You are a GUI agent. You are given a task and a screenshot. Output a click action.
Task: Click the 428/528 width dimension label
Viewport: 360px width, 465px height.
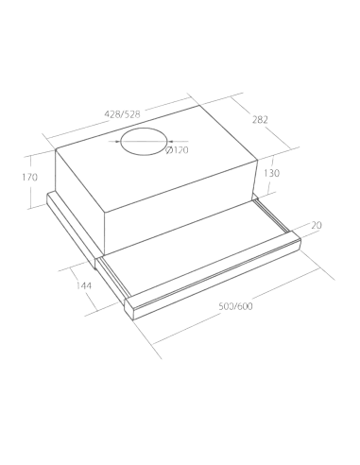pyautogui.click(x=122, y=114)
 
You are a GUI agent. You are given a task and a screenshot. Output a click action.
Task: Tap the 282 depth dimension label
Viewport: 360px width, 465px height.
pyautogui.click(x=260, y=120)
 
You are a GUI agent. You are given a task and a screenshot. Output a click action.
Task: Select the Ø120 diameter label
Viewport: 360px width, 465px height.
pyautogui.click(x=177, y=150)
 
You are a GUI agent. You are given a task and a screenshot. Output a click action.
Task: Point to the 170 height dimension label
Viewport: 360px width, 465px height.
pyautogui.click(x=29, y=178)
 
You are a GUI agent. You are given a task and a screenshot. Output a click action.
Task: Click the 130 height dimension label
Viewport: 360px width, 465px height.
pyautogui.click(x=271, y=173)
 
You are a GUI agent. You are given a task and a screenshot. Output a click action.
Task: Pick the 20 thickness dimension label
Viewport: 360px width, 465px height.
pyautogui.click(x=317, y=226)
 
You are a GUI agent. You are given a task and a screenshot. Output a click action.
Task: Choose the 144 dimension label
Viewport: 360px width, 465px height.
pyautogui.click(x=84, y=285)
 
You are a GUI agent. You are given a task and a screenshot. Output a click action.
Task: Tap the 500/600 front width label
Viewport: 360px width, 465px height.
pyautogui.click(x=236, y=306)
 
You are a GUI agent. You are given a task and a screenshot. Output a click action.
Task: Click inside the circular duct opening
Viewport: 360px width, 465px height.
pyautogui.click(x=145, y=142)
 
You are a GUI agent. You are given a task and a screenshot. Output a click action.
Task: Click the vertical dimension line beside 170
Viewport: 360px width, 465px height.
pyautogui.click(x=31, y=181)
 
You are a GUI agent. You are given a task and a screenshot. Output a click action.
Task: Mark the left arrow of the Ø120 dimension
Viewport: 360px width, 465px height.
pyautogui.click(x=115, y=142)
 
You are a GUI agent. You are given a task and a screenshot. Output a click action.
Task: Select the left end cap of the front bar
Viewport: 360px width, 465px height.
pyautogui.click(x=129, y=309)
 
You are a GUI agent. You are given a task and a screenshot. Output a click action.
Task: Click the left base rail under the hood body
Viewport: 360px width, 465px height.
pyautogui.click(x=72, y=229)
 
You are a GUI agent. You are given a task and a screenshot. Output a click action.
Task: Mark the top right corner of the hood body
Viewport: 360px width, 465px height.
pyautogui.click(x=258, y=160)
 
